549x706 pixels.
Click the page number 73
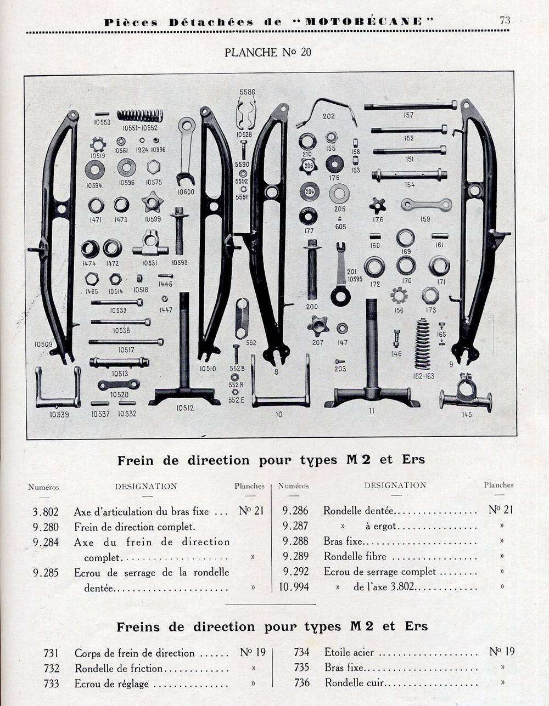tap(505, 20)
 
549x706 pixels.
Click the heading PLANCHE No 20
tap(268, 52)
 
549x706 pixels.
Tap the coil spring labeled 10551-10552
tap(140, 116)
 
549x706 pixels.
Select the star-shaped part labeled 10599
tap(153, 202)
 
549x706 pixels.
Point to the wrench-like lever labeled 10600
tap(187, 151)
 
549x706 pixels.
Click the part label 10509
tap(43, 344)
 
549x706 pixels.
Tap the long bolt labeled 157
tap(411, 105)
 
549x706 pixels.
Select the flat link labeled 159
tap(427, 205)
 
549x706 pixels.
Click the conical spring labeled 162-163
tap(423, 344)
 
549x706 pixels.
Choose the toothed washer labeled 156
tap(399, 296)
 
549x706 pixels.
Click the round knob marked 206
tap(308, 166)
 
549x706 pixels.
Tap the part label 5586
tap(248, 92)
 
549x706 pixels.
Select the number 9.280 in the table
tap(46, 527)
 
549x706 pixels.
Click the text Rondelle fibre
tap(355, 556)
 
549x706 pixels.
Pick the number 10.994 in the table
tap(294, 587)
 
